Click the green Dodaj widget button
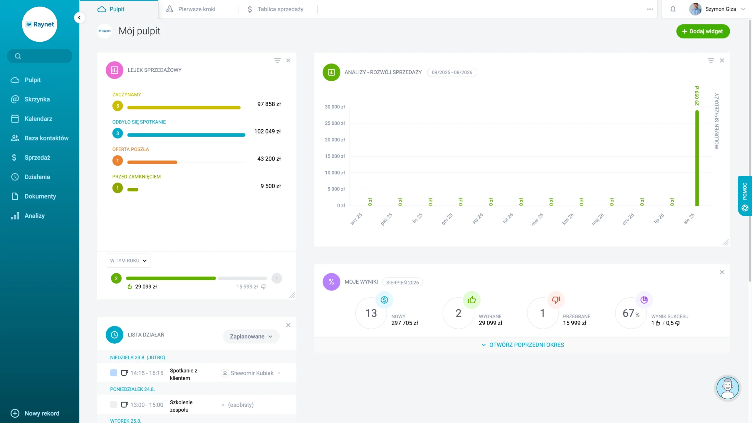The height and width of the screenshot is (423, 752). tap(703, 31)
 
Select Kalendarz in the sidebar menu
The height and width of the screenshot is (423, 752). tap(38, 119)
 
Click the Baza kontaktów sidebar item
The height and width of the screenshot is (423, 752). tap(46, 138)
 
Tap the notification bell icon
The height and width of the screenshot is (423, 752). tap(673, 9)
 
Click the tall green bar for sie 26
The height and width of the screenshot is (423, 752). tap(697, 158)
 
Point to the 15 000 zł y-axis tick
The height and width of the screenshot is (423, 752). tap(335, 156)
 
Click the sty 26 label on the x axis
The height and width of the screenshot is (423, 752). tap(478, 218)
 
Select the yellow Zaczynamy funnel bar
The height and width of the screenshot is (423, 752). tap(184, 108)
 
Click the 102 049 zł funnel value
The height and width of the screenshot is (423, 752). tap(267, 131)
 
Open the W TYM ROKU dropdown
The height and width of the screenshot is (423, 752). tap(128, 260)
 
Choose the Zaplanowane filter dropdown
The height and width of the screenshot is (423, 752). tap(251, 336)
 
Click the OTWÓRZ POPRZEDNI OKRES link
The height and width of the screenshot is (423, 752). tap(526, 345)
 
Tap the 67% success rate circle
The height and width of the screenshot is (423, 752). tap(631, 313)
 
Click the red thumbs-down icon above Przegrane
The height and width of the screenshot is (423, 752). tap(556, 300)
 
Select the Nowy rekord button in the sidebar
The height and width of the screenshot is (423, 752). tap(35, 413)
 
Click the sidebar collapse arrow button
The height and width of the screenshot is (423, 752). tap(79, 18)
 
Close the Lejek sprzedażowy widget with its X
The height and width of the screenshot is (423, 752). tap(288, 60)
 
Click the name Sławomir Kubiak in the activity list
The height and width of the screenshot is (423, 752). tap(252, 373)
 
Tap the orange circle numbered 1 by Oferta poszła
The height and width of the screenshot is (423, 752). tap(117, 160)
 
